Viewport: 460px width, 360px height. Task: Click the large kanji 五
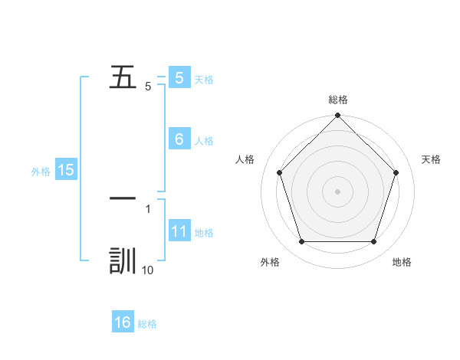click(123, 77)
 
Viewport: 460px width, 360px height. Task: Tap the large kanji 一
click(123, 198)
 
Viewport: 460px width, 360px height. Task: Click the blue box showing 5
click(179, 78)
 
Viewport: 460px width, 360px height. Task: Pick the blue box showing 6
click(179, 139)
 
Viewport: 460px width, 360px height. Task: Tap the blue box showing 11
click(179, 232)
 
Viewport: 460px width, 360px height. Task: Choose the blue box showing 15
click(66, 171)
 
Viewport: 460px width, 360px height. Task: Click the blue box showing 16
click(123, 323)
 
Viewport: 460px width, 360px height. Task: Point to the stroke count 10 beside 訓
click(148, 270)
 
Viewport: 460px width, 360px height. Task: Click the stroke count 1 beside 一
click(148, 208)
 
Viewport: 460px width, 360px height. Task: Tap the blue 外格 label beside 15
click(41, 172)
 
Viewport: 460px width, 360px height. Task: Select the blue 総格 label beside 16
click(148, 324)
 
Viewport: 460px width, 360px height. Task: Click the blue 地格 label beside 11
click(204, 233)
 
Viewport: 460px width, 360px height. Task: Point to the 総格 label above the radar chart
click(338, 100)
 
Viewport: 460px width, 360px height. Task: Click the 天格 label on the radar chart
click(432, 159)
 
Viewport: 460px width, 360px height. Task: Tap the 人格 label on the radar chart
click(245, 159)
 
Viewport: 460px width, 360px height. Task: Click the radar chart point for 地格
click(374, 242)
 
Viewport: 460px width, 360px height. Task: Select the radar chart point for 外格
click(301, 242)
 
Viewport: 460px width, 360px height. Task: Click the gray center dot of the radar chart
click(338, 191)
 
